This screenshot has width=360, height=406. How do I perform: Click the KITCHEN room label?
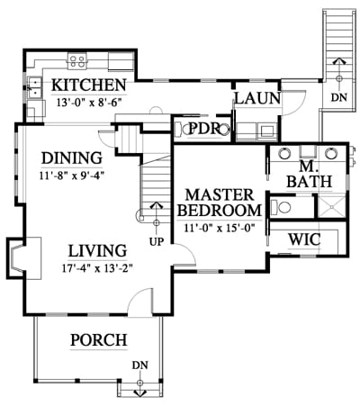(x=89, y=85)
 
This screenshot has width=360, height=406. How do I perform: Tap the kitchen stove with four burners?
(x=77, y=61)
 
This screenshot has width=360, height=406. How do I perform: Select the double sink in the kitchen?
(x=34, y=87)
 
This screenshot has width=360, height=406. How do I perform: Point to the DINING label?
(x=72, y=158)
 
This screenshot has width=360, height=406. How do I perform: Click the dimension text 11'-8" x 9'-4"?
(x=72, y=176)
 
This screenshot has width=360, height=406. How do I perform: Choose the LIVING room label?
(x=98, y=251)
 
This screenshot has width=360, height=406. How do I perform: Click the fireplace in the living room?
(x=23, y=258)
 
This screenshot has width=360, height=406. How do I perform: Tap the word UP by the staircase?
(x=157, y=241)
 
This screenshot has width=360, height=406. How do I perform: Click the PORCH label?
(x=99, y=340)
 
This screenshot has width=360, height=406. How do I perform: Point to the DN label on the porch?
(x=140, y=365)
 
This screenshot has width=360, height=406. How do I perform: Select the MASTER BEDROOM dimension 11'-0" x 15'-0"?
(x=220, y=229)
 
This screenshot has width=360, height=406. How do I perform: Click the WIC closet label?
(x=304, y=239)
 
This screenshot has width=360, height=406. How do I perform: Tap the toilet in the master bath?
(x=281, y=207)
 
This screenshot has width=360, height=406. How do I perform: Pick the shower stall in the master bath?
(x=331, y=206)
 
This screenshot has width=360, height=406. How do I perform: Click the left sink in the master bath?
(x=284, y=153)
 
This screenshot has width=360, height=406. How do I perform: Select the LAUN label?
(x=257, y=98)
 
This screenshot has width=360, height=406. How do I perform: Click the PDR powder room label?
(x=203, y=129)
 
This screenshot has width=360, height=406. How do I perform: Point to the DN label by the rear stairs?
(x=339, y=97)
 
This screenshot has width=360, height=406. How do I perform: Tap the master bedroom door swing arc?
(x=190, y=249)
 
